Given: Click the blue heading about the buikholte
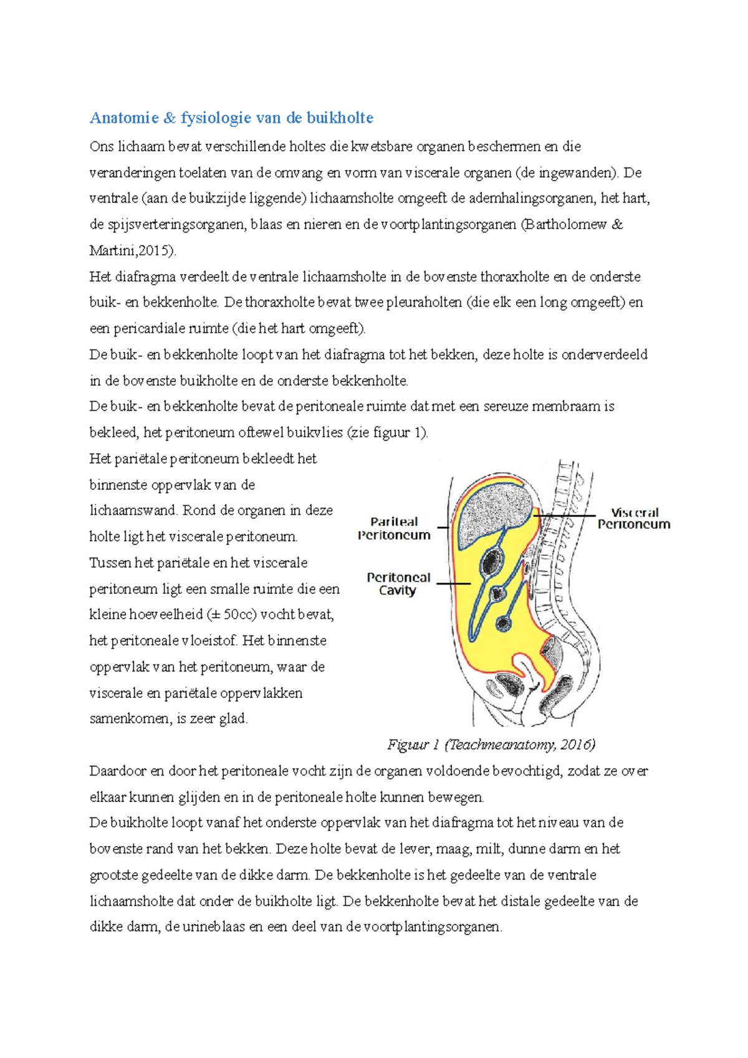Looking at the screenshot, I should [x=231, y=118].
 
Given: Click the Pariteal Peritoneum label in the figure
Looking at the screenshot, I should [x=394, y=528].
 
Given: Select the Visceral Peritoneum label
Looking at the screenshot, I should [x=634, y=518].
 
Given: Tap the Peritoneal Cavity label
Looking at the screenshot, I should [x=398, y=584].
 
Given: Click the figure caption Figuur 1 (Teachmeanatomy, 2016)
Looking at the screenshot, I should [x=491, y=745].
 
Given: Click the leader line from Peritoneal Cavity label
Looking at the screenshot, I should [x=453, y=584].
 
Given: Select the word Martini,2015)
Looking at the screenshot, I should [x=133, y=251].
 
